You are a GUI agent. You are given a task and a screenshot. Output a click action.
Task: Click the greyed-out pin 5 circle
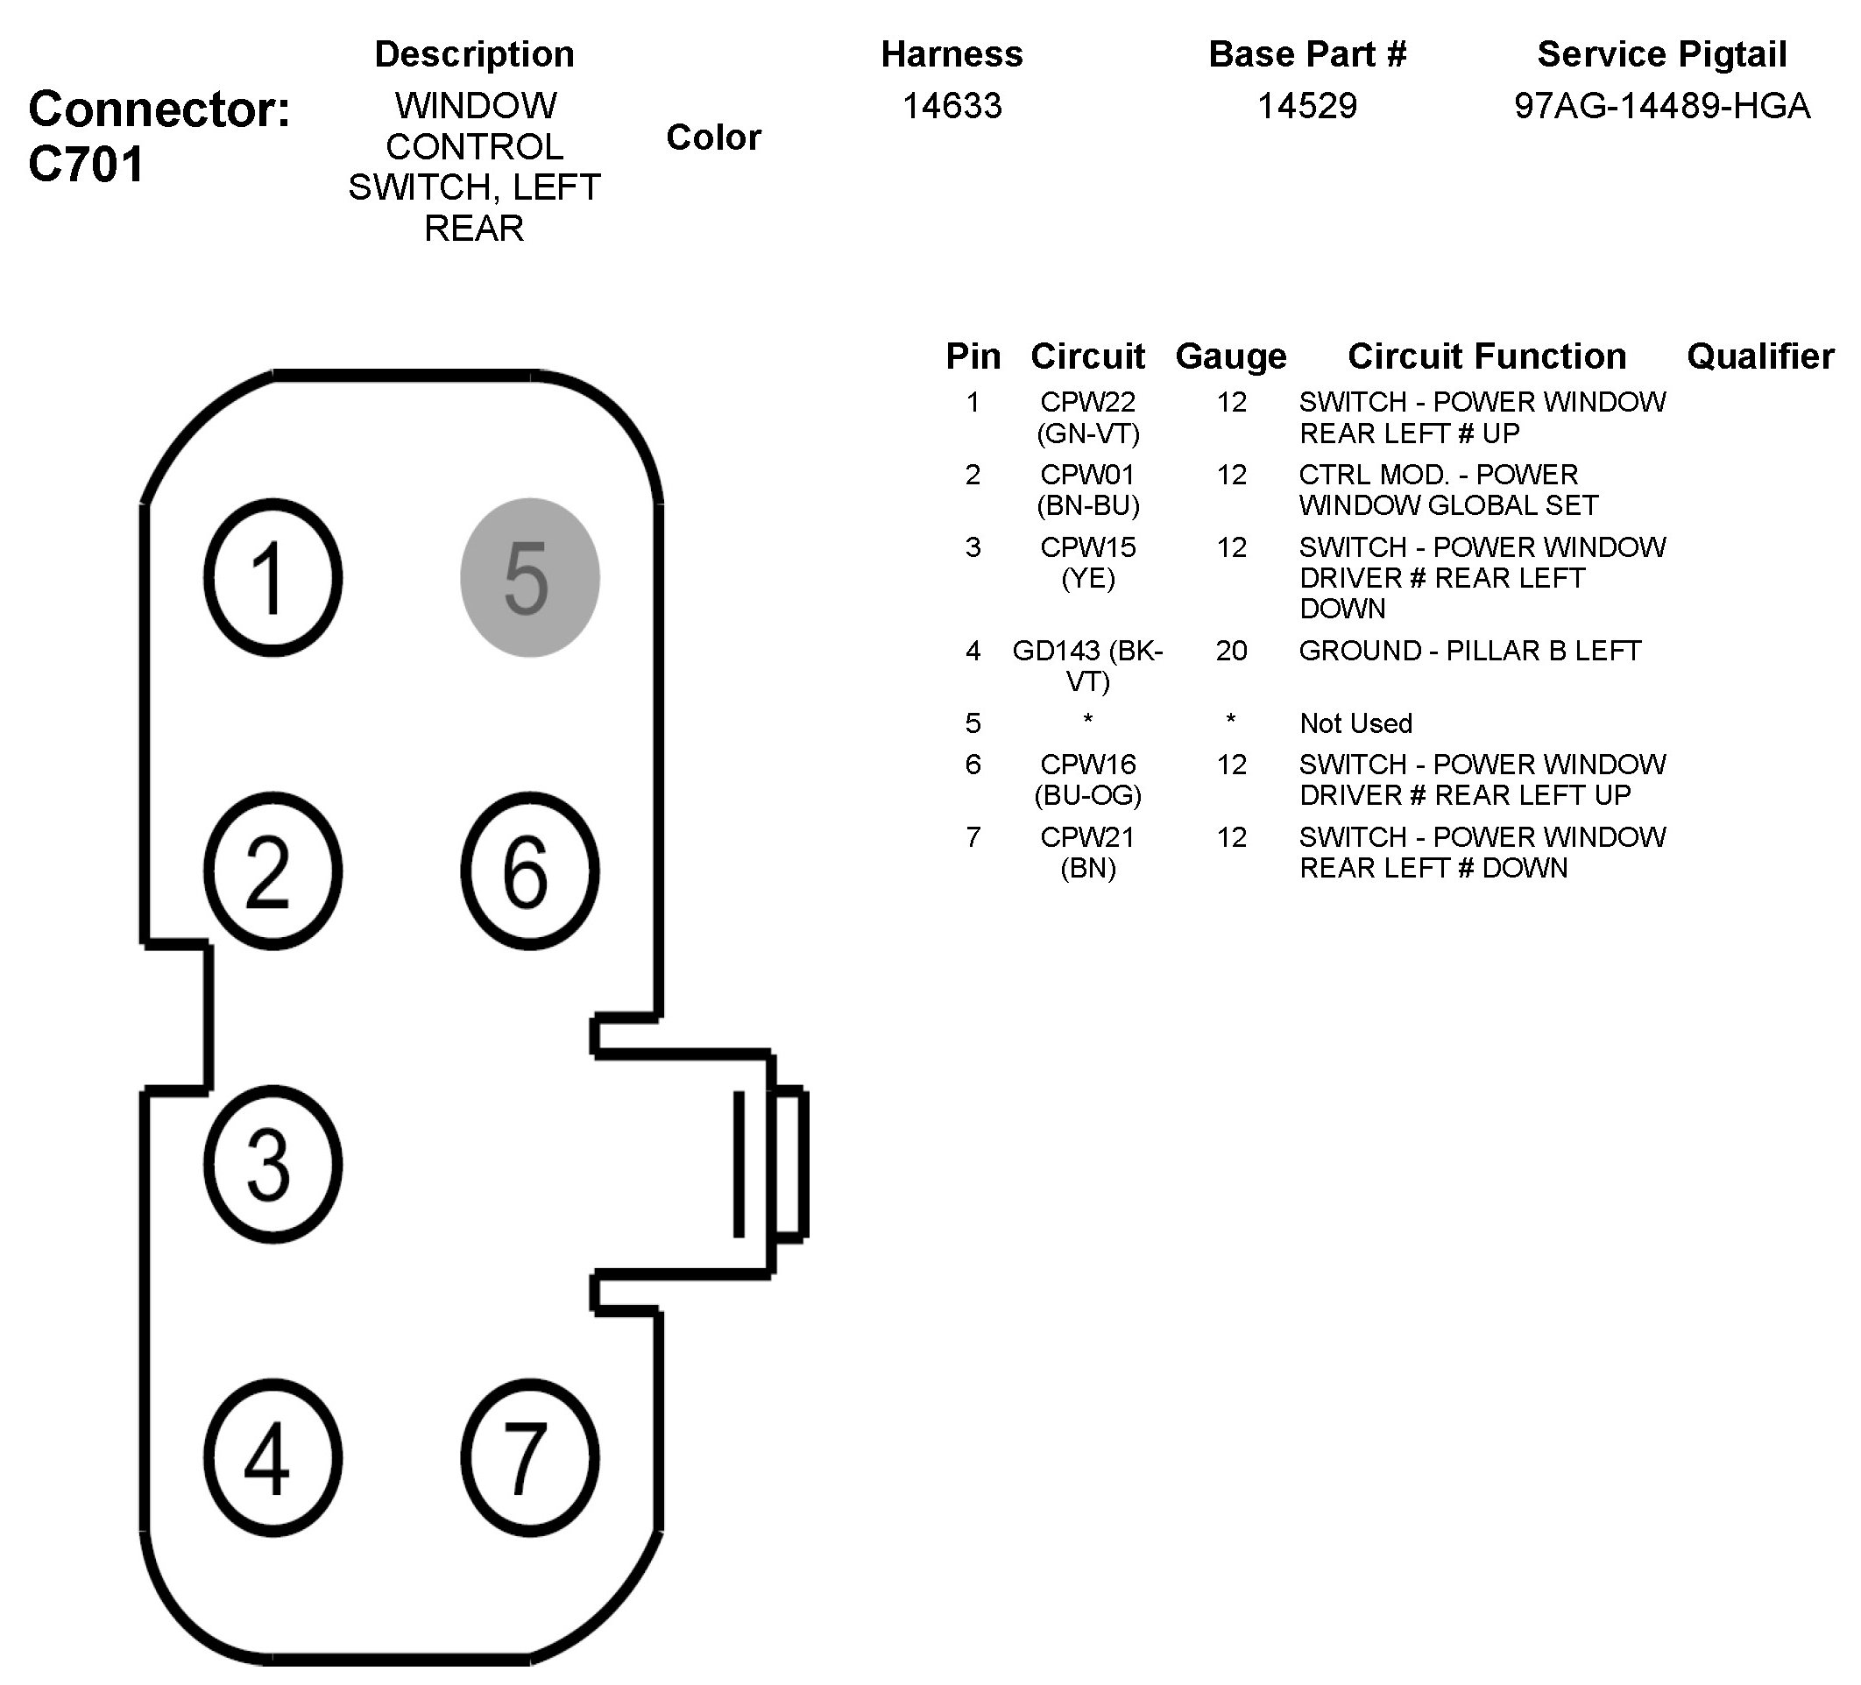tap(530, 578)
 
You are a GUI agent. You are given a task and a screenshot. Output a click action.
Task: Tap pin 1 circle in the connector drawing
tap(272, 578)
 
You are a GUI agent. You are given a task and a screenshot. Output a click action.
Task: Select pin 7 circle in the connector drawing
tap(530, 1459)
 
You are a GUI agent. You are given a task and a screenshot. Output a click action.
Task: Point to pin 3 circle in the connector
tap(272, 1165)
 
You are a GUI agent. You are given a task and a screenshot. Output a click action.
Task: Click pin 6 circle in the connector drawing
tap(530, 871)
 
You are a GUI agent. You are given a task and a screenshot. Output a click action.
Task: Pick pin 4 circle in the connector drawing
tap(272, 1459)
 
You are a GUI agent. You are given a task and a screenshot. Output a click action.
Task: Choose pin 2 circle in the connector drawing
tap(272, 871)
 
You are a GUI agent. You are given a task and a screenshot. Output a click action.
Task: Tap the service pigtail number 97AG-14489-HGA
tap(1661, 106)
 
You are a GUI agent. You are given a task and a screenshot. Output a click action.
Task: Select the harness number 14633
tap(952, 106)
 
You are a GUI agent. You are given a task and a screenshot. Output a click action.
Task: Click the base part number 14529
tap(1307, 106)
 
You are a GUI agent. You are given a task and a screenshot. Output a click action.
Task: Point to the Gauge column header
tap(1230, 356)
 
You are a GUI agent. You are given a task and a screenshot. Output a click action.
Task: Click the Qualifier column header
tap(1759, 356)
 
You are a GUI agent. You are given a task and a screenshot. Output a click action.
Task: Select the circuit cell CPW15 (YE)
tap(1087, 562)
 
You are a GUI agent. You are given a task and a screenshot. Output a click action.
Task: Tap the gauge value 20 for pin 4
tap(1231, 651)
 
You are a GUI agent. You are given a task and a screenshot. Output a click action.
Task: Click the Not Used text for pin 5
tap(1355, 723)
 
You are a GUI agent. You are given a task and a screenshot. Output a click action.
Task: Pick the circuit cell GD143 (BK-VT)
tap(1087, 666)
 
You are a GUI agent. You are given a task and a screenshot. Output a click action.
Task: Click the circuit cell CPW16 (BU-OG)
tap(1087, 779)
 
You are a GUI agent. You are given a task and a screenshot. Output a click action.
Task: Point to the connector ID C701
tap(87, 165)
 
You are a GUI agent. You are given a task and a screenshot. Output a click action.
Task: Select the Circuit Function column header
tap(1486, 356)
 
